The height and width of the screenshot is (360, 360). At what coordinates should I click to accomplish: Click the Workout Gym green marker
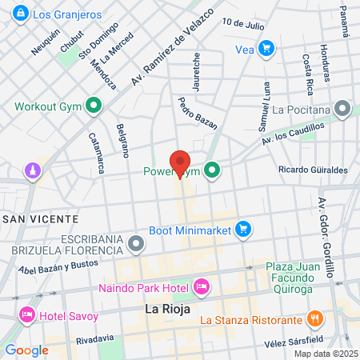pos(94,105)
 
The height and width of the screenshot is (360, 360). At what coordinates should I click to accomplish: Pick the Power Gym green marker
pos(212,170)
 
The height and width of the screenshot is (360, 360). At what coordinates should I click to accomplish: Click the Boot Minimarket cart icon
pos(244,230)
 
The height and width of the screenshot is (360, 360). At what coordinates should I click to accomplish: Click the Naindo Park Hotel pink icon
pos(201,286)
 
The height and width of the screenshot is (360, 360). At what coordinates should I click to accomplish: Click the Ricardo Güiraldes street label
pos(313,170)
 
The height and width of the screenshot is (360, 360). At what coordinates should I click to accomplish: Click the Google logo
pos(26,350)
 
